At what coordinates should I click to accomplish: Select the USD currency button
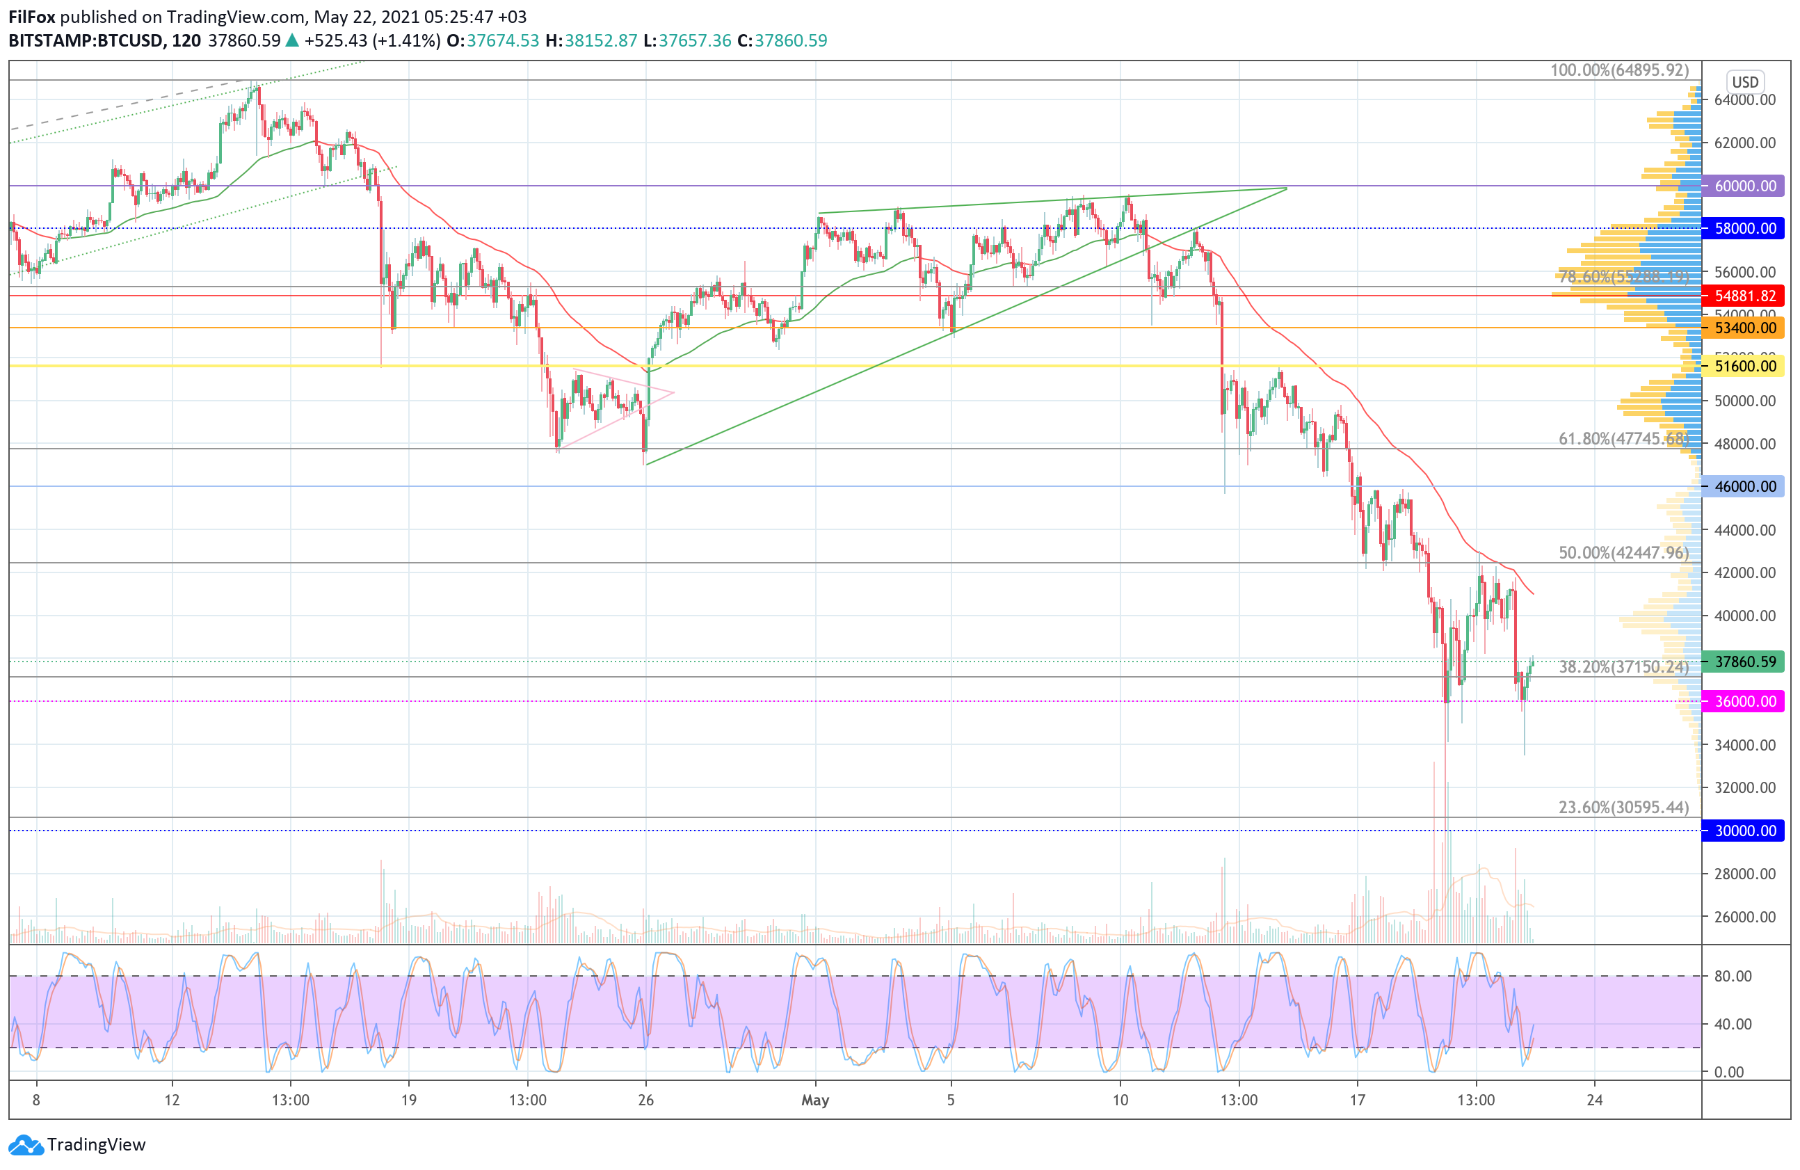1745,81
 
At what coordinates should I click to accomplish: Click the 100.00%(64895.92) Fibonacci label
1618,70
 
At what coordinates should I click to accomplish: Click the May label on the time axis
815,1100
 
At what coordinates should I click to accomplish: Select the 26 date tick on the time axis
645,1100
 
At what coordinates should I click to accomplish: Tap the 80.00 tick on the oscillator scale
1733,976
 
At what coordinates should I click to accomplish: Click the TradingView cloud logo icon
26,1145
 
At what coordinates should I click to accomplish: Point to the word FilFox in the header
31,17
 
